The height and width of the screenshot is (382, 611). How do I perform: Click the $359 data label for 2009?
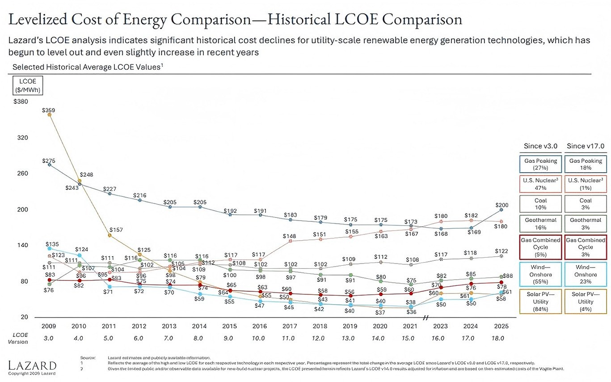tap(49, 110)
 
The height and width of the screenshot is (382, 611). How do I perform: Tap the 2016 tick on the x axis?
tap(260, 327)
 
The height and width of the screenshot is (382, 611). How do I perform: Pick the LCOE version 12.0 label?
tap(318, 338)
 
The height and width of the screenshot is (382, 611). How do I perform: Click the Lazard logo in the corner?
tap(33, 365)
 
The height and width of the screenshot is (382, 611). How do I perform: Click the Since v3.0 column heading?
tap(540, 146)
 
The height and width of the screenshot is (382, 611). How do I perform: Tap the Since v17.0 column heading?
tap(585, 146)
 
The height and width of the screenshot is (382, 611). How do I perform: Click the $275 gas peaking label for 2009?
tap(49, 160)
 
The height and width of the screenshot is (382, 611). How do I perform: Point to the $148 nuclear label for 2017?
tap(290, 236)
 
